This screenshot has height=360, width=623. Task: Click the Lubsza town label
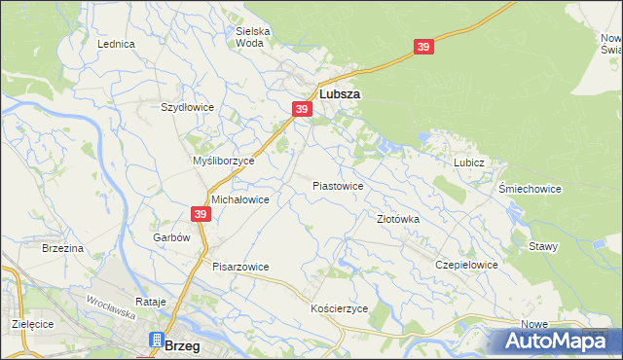coord(340,94)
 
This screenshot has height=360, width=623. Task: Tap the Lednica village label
coord(115,45)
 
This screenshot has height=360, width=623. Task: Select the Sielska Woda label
coord(253,37)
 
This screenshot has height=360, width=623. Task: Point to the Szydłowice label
coord(187,107)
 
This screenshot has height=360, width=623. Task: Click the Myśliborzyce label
coord(223,161)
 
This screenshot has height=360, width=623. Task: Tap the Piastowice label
coord(338,185)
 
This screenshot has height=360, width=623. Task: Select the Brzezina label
coord(63,249)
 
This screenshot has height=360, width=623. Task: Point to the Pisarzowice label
coord(240,266)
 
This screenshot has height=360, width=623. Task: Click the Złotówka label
coord(398,220)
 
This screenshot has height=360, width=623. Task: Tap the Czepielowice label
coord(467,265)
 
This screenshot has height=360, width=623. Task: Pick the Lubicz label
coord(468,163)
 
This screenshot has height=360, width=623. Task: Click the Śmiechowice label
coord(530,189)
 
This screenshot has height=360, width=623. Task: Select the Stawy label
coord(543,246)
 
